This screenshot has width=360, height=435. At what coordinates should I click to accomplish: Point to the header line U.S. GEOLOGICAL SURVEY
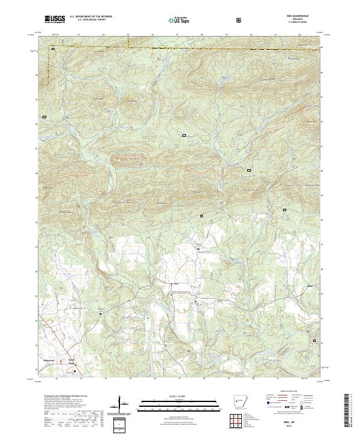click(x=87, y=21)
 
